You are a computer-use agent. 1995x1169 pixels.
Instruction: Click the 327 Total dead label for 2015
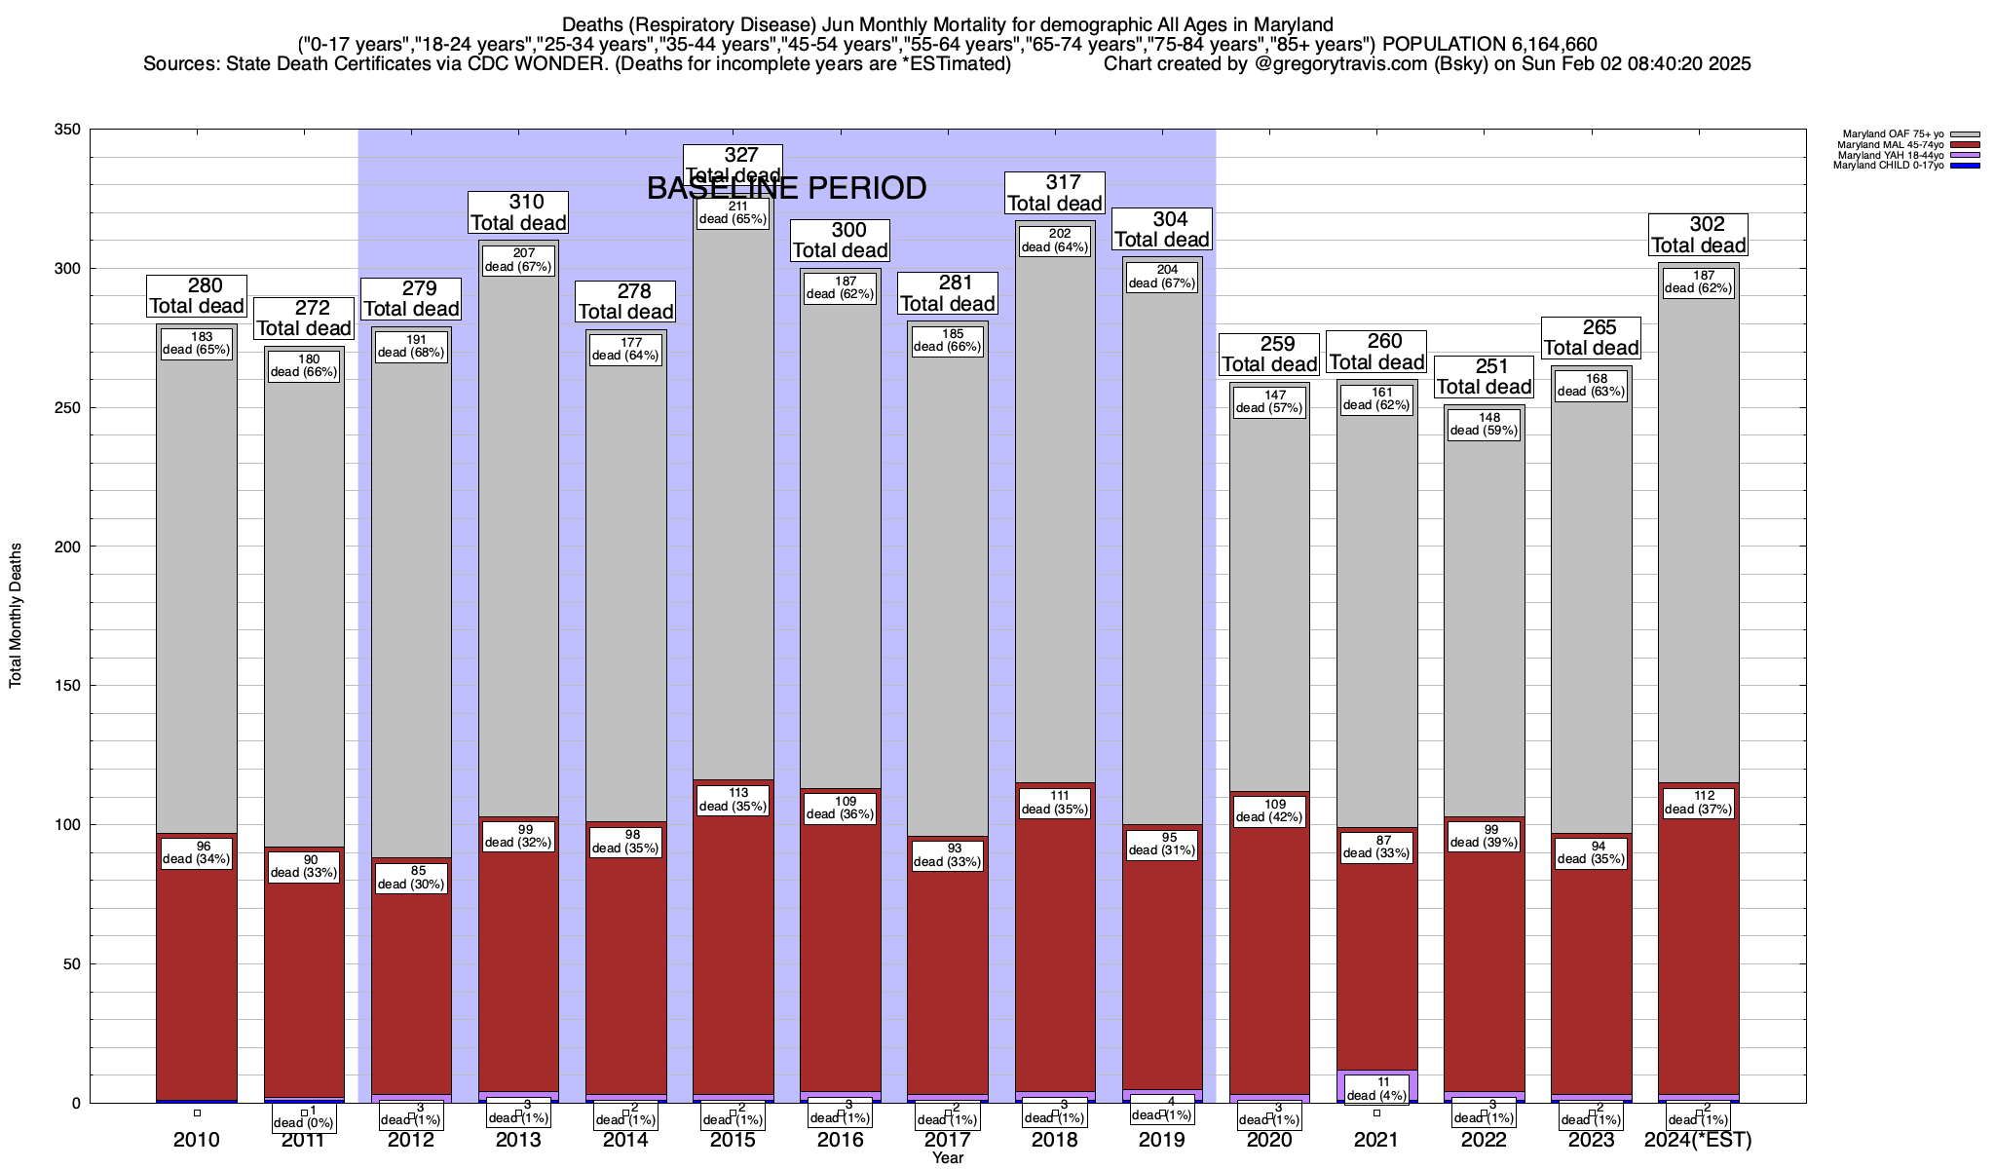(x=734, y=165)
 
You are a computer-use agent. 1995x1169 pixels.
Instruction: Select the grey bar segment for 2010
(x=197, y=584)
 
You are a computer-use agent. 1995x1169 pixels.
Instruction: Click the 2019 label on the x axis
(x=1162, y=1140)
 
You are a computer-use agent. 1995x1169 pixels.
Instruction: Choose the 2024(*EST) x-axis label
(x=1698, y=1140)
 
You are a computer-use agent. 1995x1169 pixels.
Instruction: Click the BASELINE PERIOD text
(x=786, y=189)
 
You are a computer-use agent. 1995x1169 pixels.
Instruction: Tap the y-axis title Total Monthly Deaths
(x=16, y=616)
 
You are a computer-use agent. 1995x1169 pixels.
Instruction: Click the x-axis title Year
(x=947, y=1158)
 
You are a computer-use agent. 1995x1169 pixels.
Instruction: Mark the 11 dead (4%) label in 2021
(x=1376, y=1088)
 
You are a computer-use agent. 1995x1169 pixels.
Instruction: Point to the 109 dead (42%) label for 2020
(x=1269, y=810)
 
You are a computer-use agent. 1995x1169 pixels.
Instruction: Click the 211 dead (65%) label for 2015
(x=734, y=212)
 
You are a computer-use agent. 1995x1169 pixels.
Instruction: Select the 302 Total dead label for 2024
(x=1698, y=235)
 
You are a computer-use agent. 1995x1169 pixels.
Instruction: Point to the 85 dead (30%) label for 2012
(x=411, y=878)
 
